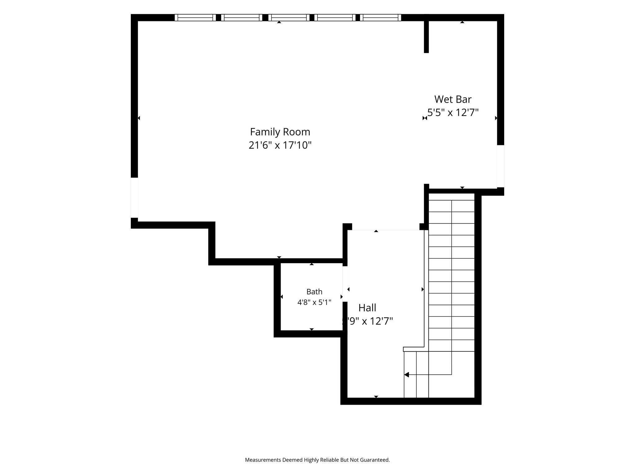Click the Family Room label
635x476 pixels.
coord(280,132)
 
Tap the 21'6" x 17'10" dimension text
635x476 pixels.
coord(280,145)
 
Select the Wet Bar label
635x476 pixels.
coord(453,99)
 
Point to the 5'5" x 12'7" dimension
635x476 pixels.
coord(453,112)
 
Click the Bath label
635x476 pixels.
coord(314,292)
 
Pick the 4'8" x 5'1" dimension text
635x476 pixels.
coord(314,302)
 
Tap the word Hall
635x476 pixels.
coord(367,308)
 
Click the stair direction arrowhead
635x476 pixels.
coord(406,375)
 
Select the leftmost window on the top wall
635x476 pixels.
coord(195,18)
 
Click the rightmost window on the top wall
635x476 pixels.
coord(380,18)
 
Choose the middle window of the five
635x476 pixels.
coord(289,18)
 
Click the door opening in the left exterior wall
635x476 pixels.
coord(134,198)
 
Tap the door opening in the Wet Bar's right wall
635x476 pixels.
coord(500,166)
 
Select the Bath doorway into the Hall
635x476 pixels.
coord(345,284)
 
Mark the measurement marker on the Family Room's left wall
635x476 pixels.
coord(139,118)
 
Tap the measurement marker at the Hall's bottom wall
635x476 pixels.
coord(376,397)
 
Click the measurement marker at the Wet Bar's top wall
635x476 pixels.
coord(462,22)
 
